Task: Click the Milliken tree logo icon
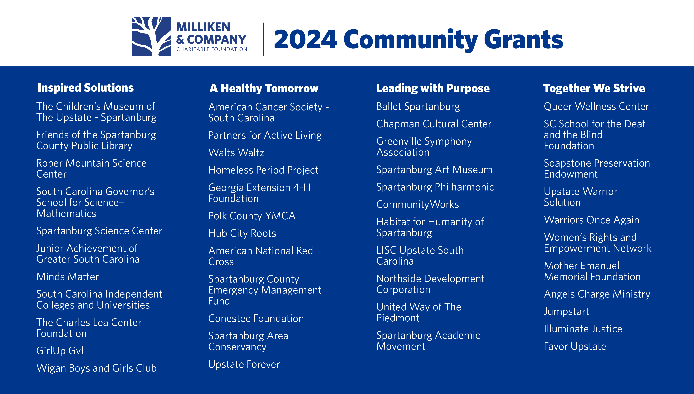click(x=151, y=37)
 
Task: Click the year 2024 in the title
click(x=305, y=39)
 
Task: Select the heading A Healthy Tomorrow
click(x=264, y=88)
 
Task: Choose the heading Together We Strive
click(x=594, y=88)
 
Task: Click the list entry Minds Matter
click(x=68, y=277)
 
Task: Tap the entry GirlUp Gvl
click(x=60, y=351)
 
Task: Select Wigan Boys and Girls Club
click(x=96, y=368)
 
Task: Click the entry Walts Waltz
click(x=236, y=153)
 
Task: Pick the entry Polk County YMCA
click(x=252, y=216)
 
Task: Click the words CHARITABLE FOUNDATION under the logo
click(x=212, y=49)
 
